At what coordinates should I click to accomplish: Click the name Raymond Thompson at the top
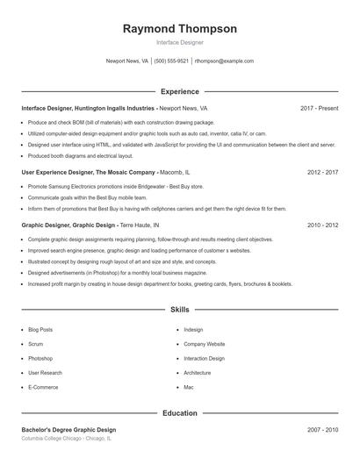click(x=179, y=29)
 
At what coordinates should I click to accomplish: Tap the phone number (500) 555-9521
click(x=171, y=61)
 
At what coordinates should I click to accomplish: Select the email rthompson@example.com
click(x=224, y=61)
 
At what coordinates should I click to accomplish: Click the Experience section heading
click(x=179, y=91)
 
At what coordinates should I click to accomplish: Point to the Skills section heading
click(x=179, y=310)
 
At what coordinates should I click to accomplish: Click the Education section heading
click(x=179, y=412)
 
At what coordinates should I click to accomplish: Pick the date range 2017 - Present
click(x=319, y=108)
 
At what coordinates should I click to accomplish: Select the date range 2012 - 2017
click(x=322, y=173)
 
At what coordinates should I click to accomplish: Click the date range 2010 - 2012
click(x=322, y=225)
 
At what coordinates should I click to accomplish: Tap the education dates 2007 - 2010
click(x=322, y=430)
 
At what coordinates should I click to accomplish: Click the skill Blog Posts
click(x=40, y=330)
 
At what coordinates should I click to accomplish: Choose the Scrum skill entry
click(x=36, y=344)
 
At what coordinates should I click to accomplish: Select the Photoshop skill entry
click(x=40, y=358)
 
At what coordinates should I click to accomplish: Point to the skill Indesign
click(x=193, y=330)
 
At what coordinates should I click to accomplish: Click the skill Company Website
click(x=205, y=344)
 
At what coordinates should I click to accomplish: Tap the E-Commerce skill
click(x=43, y=387)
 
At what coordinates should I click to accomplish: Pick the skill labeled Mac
click(x=189, y=387)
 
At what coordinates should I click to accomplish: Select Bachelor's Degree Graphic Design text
click(x=68, y=430)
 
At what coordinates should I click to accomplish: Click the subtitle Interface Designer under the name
click(x=179, y=42)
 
